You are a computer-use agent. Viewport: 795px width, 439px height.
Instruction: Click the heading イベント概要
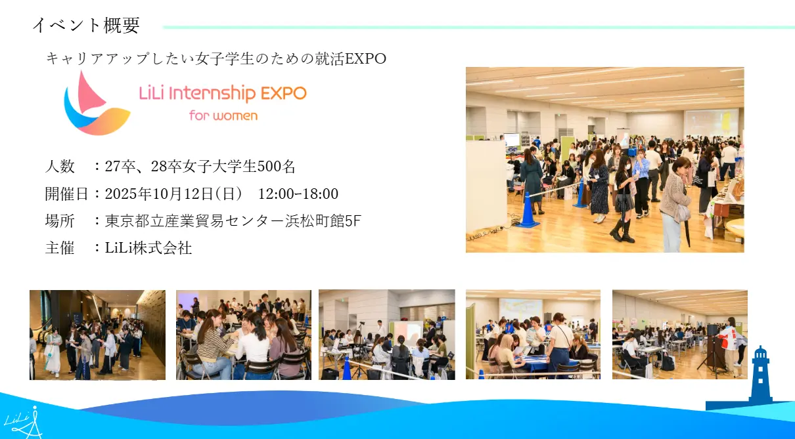click(86, 25)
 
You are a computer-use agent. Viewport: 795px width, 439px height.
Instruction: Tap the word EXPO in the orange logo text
click(283, 94)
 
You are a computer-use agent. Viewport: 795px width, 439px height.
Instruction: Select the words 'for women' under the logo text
click(223, 115)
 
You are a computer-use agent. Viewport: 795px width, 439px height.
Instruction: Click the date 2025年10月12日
click(159, 194)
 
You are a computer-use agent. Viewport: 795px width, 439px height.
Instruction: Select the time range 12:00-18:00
click(298, 194)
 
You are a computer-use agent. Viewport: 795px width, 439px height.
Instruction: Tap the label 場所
click(60, 220)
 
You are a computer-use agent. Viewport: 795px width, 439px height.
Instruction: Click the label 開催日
click(67, 194)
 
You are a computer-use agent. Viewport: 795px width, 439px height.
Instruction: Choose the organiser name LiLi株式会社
click(148, 248)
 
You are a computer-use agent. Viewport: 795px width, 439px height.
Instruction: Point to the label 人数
click(60, 166)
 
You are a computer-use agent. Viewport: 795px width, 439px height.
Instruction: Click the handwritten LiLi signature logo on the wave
click(24, 423)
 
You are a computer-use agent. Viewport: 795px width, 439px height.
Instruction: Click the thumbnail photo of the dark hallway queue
click(97, 335)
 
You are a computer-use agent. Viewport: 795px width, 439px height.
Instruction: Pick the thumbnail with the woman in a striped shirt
click(244, 335)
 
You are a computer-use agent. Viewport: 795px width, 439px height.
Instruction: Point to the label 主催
click(60, 248)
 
